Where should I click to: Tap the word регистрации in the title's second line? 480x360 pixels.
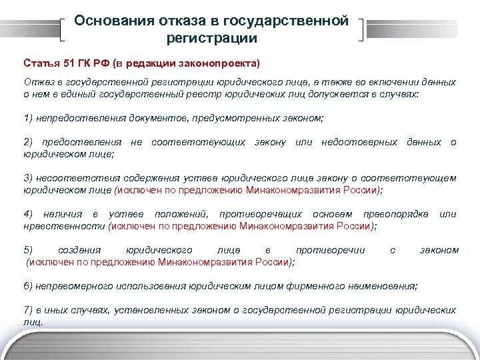tap(211, 39)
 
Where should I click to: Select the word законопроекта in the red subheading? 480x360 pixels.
tap(225, 63)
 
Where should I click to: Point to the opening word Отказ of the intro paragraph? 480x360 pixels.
tap(37, 82)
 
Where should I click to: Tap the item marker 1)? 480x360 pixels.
tap(28, 118)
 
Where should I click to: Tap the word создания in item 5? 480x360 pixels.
tap(79, 250)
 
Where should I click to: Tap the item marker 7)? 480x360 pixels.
tap(28, 310)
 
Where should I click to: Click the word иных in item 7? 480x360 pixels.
tap(58, 310)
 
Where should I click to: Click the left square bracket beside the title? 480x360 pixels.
tap(64, 29)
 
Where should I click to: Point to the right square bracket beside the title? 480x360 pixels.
tap(361, 29)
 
